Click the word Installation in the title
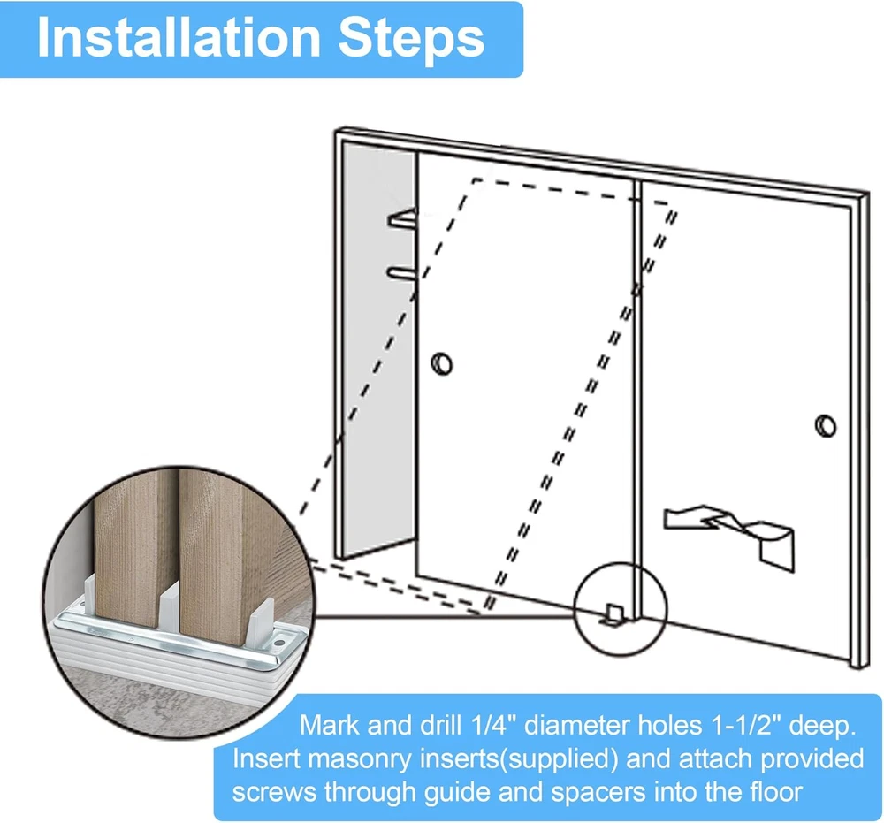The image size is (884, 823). pos(179,38)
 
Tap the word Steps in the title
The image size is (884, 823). pos(411,38)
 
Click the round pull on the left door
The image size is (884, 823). pos(441,363)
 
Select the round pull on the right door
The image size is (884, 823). pos(826,425)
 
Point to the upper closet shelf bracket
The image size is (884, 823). pos(402,218)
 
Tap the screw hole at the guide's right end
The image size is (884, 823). pos(279,644)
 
